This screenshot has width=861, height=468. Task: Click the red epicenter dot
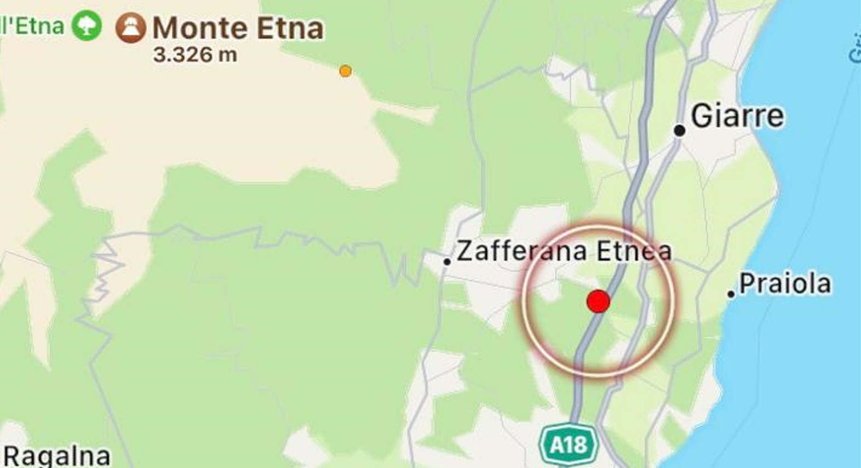[598, 301]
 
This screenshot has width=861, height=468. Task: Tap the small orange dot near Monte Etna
[345, 71]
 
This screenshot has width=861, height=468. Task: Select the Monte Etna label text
[238, 28]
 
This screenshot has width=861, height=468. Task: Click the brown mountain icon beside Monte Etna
[131, 28]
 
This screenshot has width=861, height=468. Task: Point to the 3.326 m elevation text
[195, 55]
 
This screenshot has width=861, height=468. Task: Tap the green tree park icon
[87, 25]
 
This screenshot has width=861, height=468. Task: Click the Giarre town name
[737, 116]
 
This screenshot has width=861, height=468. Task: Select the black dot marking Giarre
[679, 130]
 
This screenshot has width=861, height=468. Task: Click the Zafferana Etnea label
[564, 251]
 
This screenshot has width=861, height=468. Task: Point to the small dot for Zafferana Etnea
[447, 262]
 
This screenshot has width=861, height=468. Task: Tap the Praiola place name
[785, 284]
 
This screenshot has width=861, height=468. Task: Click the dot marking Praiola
[731, 294]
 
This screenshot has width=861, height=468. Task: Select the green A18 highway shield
[569, 444]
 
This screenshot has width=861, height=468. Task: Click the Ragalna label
[57, 456]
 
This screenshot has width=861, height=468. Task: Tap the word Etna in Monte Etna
[290, 28]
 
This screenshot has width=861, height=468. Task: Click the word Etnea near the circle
[634, 251]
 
